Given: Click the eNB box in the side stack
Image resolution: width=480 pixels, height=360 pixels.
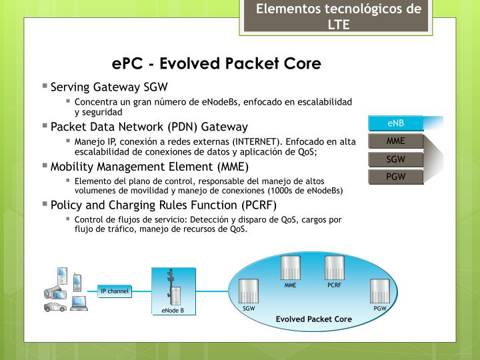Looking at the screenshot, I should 396,123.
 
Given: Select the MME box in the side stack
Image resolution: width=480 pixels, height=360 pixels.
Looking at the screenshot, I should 396,141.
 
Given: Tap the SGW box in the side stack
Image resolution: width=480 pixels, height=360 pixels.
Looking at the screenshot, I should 396,159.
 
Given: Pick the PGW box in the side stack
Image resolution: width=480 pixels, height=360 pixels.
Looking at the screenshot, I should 396,177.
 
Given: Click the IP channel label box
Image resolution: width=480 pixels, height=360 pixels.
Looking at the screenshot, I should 114,291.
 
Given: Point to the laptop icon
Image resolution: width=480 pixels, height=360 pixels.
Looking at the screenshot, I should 79,302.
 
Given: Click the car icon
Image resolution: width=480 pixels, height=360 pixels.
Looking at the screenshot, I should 55,307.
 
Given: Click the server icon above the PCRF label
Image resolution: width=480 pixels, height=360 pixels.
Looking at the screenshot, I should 334,267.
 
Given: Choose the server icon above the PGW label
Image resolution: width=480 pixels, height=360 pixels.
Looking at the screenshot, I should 380,291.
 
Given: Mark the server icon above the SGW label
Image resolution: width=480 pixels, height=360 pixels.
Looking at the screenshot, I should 249,291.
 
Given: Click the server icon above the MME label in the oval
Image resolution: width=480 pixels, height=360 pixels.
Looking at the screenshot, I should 290,267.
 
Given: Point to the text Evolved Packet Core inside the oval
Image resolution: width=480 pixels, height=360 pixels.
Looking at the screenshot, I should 314,319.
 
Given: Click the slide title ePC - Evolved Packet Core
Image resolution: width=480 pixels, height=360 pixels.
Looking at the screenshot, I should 217,63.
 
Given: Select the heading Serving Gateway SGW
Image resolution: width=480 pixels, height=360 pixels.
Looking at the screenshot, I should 109,87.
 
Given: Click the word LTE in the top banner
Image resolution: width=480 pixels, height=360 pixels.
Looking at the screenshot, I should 339,25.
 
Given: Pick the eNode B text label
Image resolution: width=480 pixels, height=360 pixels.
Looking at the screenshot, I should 173,311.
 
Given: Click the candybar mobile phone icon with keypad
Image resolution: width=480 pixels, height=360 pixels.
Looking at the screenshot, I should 77,282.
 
